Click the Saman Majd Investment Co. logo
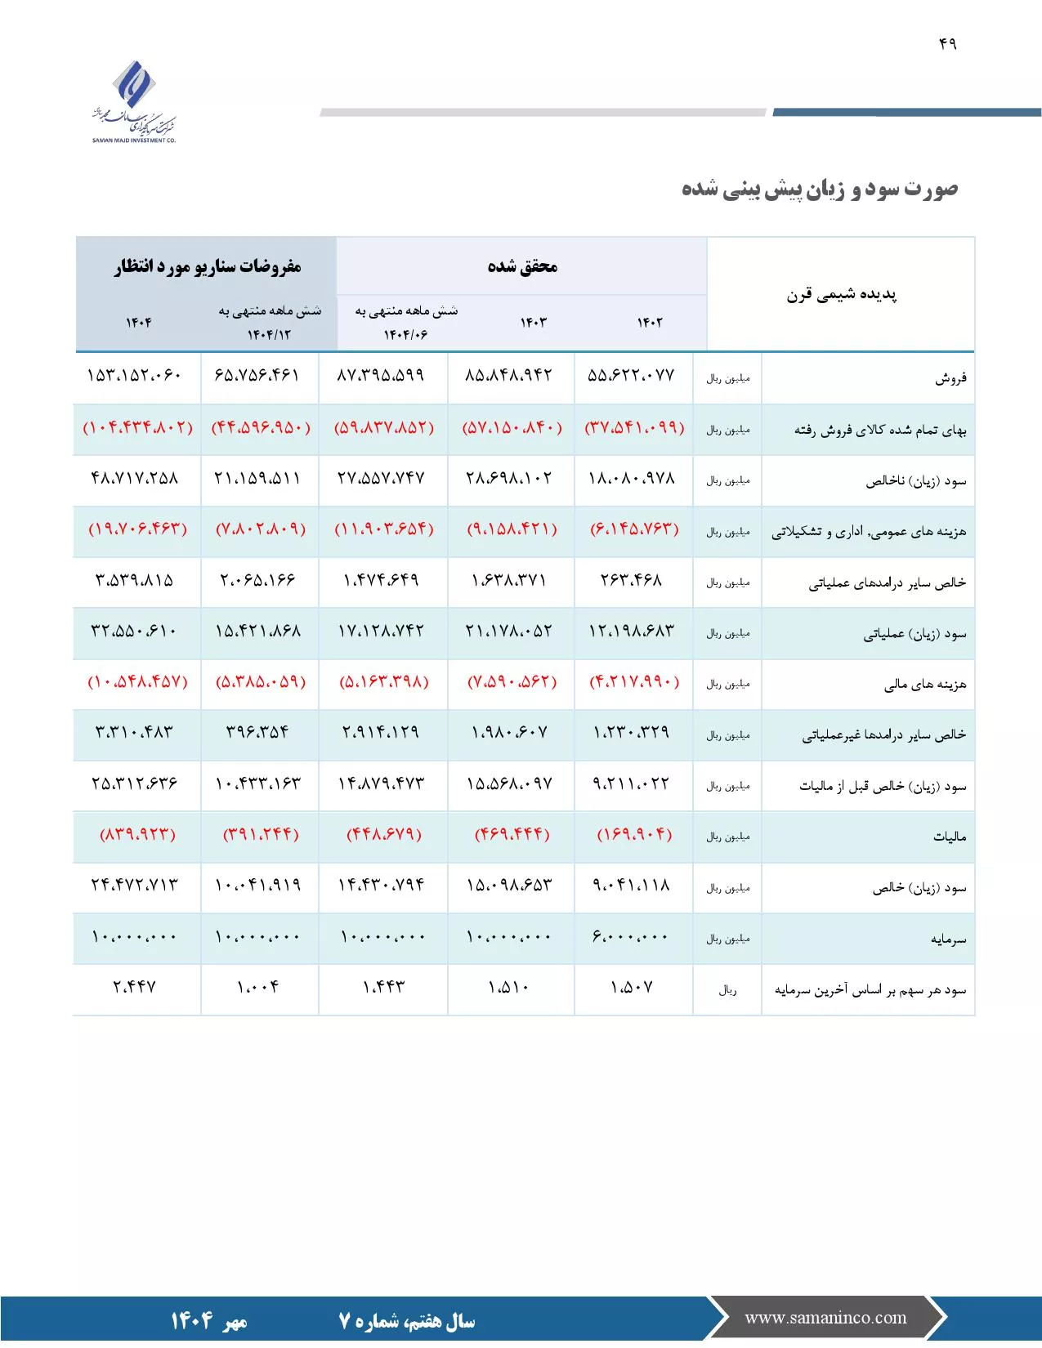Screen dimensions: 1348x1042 134,102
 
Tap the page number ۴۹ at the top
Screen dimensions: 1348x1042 947,44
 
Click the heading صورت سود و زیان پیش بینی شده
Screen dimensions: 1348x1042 819,190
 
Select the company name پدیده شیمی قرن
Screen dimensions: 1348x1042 841,295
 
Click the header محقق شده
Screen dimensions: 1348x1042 522,266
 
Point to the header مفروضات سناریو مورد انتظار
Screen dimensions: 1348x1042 208,266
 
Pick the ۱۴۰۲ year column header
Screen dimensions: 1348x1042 650,323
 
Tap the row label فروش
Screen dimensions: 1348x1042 950,378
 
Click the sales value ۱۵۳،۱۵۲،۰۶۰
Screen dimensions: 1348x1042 135,376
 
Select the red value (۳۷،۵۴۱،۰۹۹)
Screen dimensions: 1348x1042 634,427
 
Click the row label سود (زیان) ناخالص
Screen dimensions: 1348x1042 915,480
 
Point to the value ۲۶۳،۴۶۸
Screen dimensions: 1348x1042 631,580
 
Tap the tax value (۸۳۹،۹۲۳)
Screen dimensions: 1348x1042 137,834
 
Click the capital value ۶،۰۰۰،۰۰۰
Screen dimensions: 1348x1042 631,936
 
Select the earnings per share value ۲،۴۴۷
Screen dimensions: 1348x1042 135,987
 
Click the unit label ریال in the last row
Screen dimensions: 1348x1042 727,990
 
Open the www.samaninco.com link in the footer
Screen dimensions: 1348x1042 825,1318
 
